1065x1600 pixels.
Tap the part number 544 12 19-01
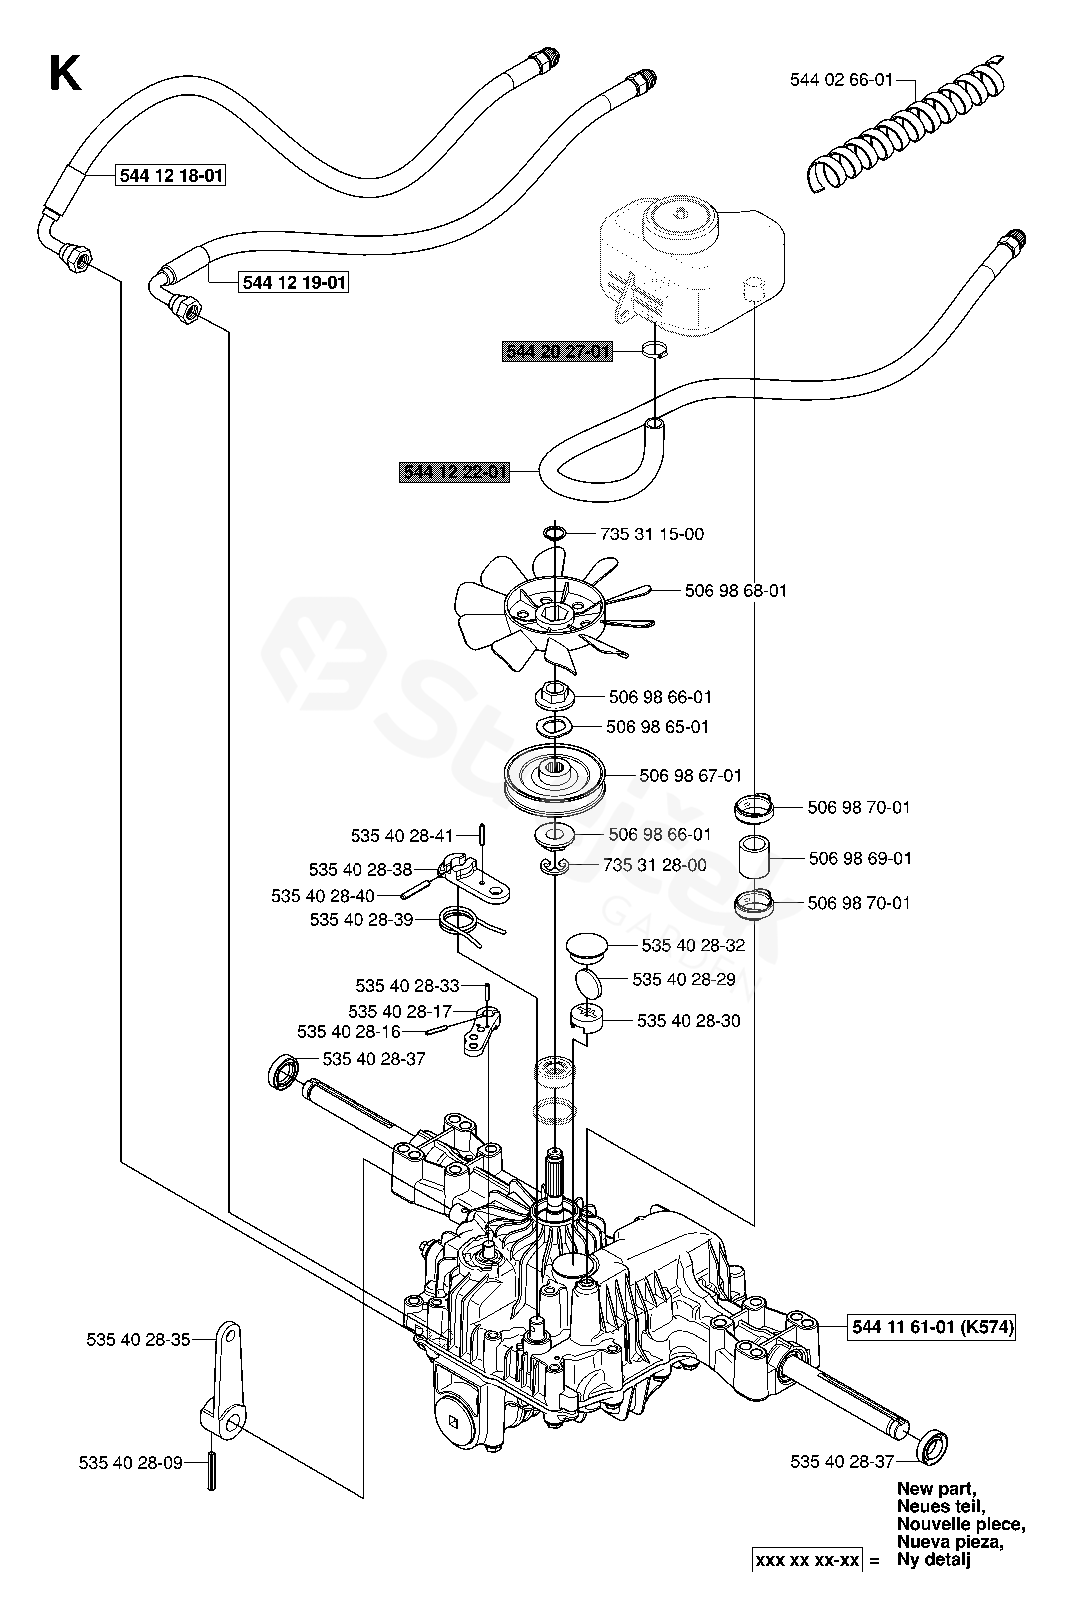tap(294, 282)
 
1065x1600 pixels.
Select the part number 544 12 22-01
tap(454, 472)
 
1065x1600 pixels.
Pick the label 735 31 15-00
tap(652, 534)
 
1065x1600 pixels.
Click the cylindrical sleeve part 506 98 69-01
tap(754, 857)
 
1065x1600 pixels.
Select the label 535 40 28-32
tap(693, 945)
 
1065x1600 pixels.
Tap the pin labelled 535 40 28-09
tap(211, 1472)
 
